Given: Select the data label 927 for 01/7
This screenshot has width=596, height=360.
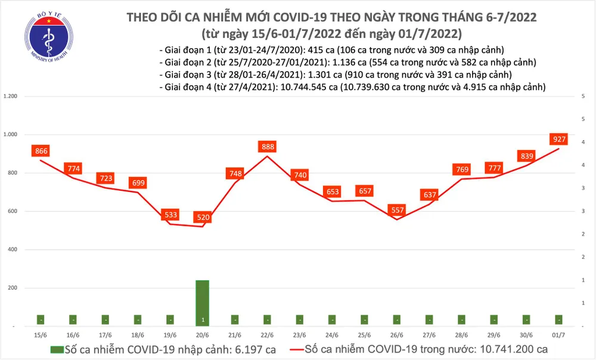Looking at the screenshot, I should click(x=558, y=140).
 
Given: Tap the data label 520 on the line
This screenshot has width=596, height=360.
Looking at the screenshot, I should click(x=203, y=218).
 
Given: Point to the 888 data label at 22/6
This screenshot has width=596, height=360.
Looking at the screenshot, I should click(x=267, y=147).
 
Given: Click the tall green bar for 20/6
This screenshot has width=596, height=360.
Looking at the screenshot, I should click(x=203, y=303).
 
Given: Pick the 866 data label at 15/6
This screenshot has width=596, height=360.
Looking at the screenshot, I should click(x=41, y=151).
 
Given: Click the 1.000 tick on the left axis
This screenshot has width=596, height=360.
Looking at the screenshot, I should click(x=11, y=135).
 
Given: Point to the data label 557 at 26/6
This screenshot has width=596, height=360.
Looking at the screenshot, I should click(x=396, y=210).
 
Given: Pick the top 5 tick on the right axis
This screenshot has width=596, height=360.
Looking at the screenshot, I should click(x=582, y=97).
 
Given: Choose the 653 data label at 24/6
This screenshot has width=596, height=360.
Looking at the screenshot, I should click(x=332, y=192).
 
